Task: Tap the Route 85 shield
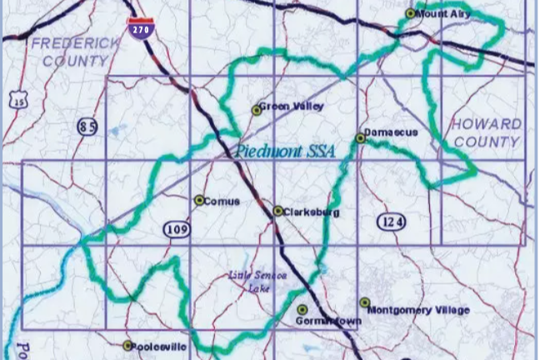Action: point(87,127)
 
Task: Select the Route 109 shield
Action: point(177,229)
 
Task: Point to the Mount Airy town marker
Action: point(410,13)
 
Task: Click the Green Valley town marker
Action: point(257,110)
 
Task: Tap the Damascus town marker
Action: point(360,137)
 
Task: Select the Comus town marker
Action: point(199,200)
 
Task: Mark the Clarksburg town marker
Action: point(277,212)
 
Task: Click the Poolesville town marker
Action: point(127,345)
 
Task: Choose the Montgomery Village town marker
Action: point(364,302)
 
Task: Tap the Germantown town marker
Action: point(302,310)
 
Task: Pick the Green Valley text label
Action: point(292,106)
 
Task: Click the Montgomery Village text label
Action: point(418,310)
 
